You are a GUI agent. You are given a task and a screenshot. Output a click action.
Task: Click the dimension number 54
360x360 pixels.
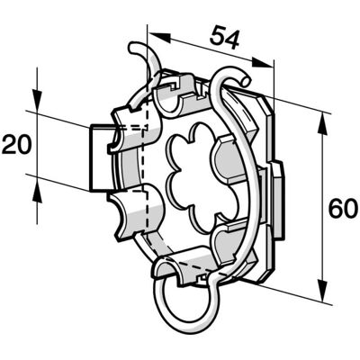225,38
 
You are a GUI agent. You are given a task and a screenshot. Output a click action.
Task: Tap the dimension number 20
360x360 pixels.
16,144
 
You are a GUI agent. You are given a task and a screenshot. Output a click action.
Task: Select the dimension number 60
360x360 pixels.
343,209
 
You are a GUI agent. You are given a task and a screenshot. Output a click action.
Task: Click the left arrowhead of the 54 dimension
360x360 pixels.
159,37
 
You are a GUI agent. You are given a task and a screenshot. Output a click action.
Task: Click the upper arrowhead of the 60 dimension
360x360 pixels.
322,124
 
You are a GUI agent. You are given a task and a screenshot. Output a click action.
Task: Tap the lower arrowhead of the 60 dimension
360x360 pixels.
322,291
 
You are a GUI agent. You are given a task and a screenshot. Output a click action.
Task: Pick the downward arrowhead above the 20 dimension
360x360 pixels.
37,100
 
